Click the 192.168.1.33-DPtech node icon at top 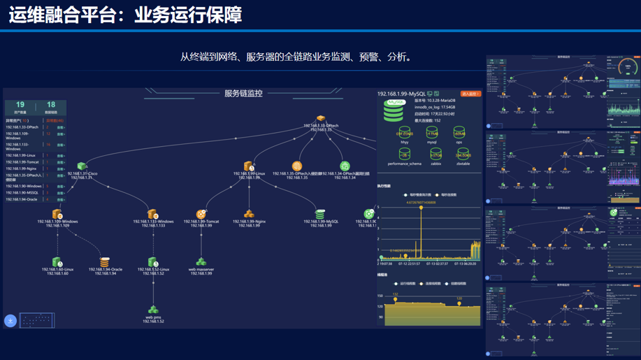pos(321,120)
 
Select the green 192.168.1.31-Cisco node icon pos(82,166)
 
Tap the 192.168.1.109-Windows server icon pos(57,214)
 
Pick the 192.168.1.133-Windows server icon pos(152,214)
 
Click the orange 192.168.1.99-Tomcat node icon pos(201,214)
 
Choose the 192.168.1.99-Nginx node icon pos(249,214)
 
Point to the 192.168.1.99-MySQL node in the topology pos(320,214)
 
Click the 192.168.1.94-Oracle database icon pos(104,261)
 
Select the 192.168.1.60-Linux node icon pos(57,261)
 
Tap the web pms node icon pos(153,309)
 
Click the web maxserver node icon pos(201,261)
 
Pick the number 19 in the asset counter pos(20,105)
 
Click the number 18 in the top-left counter pos(50,105)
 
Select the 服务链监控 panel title pos(243,94)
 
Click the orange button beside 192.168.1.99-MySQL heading pos(470,94)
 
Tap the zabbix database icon pos(435,154)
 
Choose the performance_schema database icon pos(405,154)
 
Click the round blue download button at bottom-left pos(10,321)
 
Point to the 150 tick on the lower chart pos(380,296)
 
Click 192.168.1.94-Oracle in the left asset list pos(22,199)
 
